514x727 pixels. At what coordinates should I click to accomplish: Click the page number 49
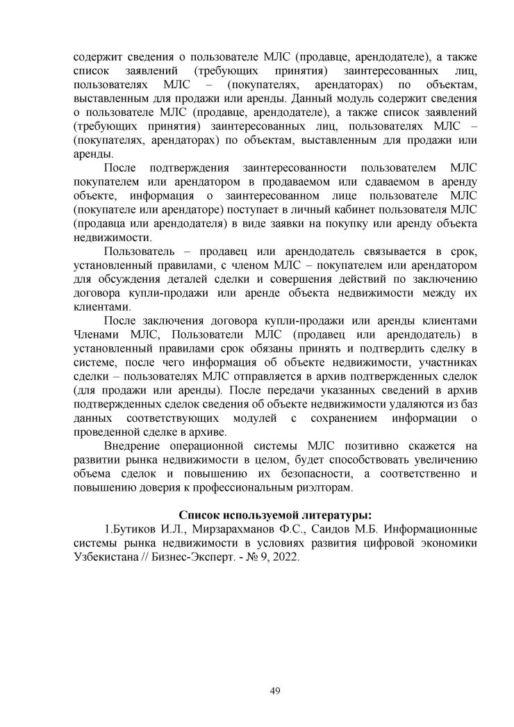(x=274, y=690)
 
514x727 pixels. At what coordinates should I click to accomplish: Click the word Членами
(x=97, y=334)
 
